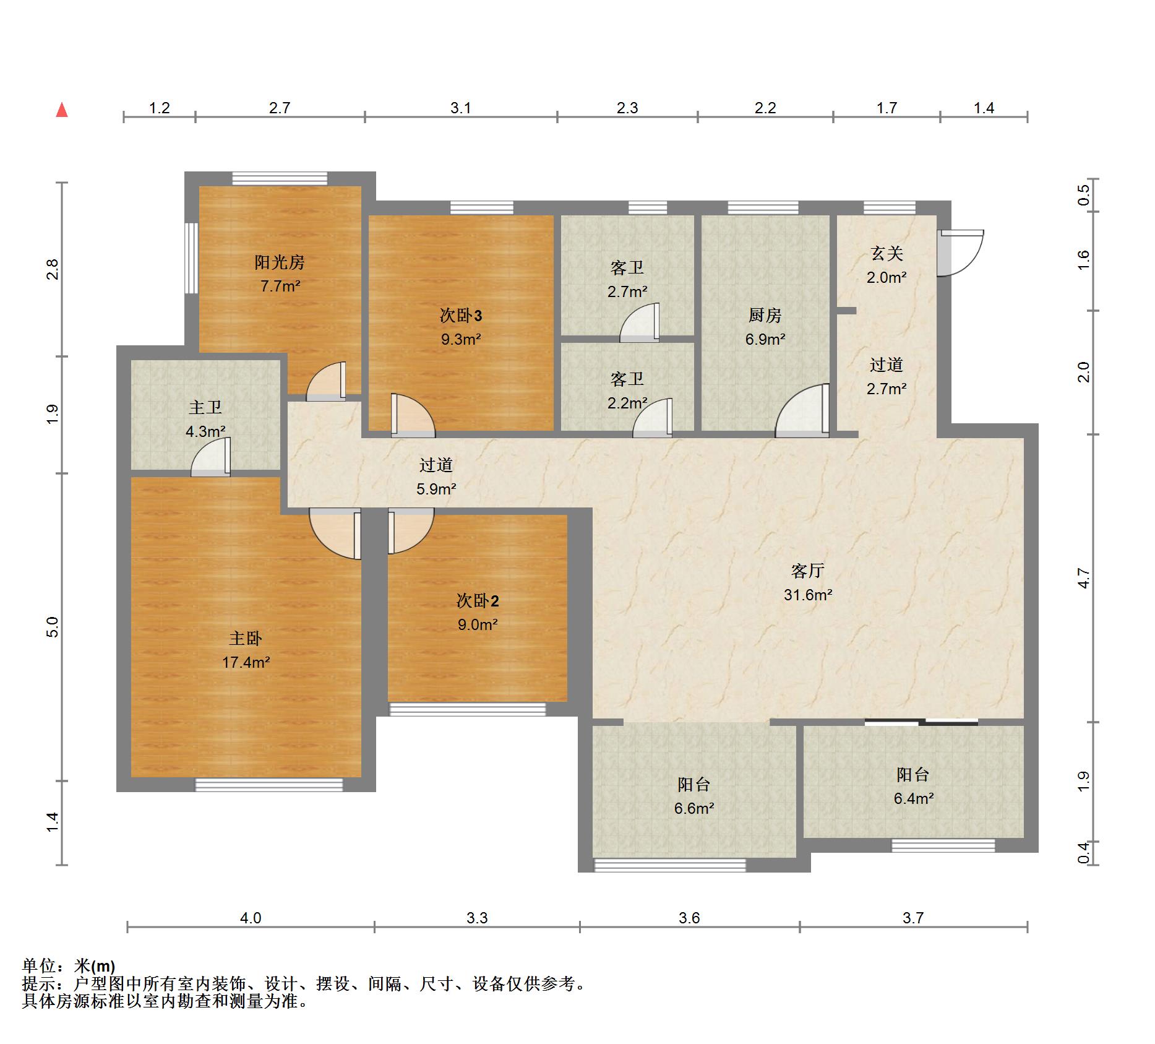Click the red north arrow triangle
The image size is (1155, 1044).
[x=62, y=110]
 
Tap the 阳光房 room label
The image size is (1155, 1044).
[x=280, y=262]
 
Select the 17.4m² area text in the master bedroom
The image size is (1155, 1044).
[x=246, y=662]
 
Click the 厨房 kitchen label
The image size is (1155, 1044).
[x=765, y=315]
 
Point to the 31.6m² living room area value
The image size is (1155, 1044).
[x=808, y=595]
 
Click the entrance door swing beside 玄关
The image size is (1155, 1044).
[x=960, y=253]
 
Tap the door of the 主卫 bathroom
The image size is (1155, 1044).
[x=211, y=457]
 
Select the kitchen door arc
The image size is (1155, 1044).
[x=802, y=411]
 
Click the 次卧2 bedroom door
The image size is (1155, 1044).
[x=411, y=531]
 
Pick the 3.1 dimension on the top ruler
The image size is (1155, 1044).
[x=461, y=108]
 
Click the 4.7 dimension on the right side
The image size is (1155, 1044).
[x=1083, y=578]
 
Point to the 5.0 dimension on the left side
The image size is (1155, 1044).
[x=53, y=627]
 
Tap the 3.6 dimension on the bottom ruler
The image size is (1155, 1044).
[x=689, y=918]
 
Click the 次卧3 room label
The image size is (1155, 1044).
[x=461, y=316]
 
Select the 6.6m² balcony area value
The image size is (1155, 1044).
[x=694, y=808]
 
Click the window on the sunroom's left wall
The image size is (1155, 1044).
[x=192, y=257]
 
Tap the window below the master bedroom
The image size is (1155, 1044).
[x=269, y=785]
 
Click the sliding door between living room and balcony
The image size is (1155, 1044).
[x=921, y=722]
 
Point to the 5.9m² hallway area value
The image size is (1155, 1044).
[x=436, y=489]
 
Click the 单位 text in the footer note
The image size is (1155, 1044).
[x=39, y=966]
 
